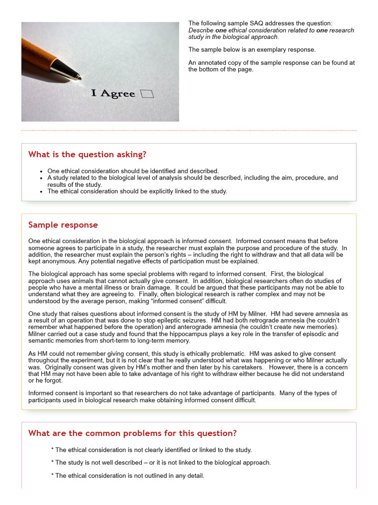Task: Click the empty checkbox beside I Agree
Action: [x=147, y=94]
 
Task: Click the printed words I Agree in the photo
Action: [x=113, y=93]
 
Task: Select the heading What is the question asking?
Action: [x=87, y=155]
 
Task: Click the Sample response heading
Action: [x=63, y=225]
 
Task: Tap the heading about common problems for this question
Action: [x=132, y=433]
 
